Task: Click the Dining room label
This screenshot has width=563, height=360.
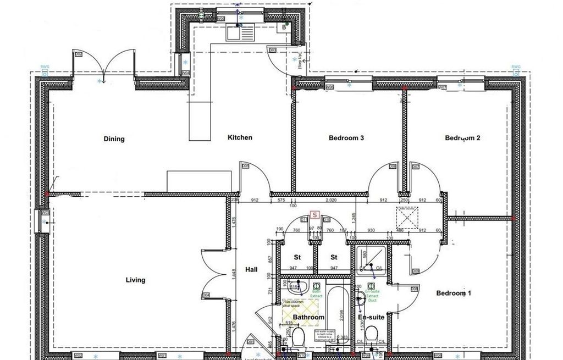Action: (114, 139)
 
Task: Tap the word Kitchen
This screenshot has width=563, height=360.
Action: (240, 137)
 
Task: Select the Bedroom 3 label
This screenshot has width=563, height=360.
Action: (346, 138)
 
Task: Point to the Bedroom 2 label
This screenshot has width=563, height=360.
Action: (462, 138)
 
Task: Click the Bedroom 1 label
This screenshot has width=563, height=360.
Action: (454, 293)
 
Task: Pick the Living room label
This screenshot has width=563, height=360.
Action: (135, 280)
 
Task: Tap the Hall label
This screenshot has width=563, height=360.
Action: (251, 269)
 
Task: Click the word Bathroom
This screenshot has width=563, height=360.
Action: (308, 317)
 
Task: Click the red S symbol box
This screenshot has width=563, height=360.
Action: (314, 215)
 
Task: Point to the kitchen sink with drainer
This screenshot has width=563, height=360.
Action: (239, 33)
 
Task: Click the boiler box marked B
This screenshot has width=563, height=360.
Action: (285, 26)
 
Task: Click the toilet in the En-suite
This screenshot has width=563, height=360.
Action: (372, 334)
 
